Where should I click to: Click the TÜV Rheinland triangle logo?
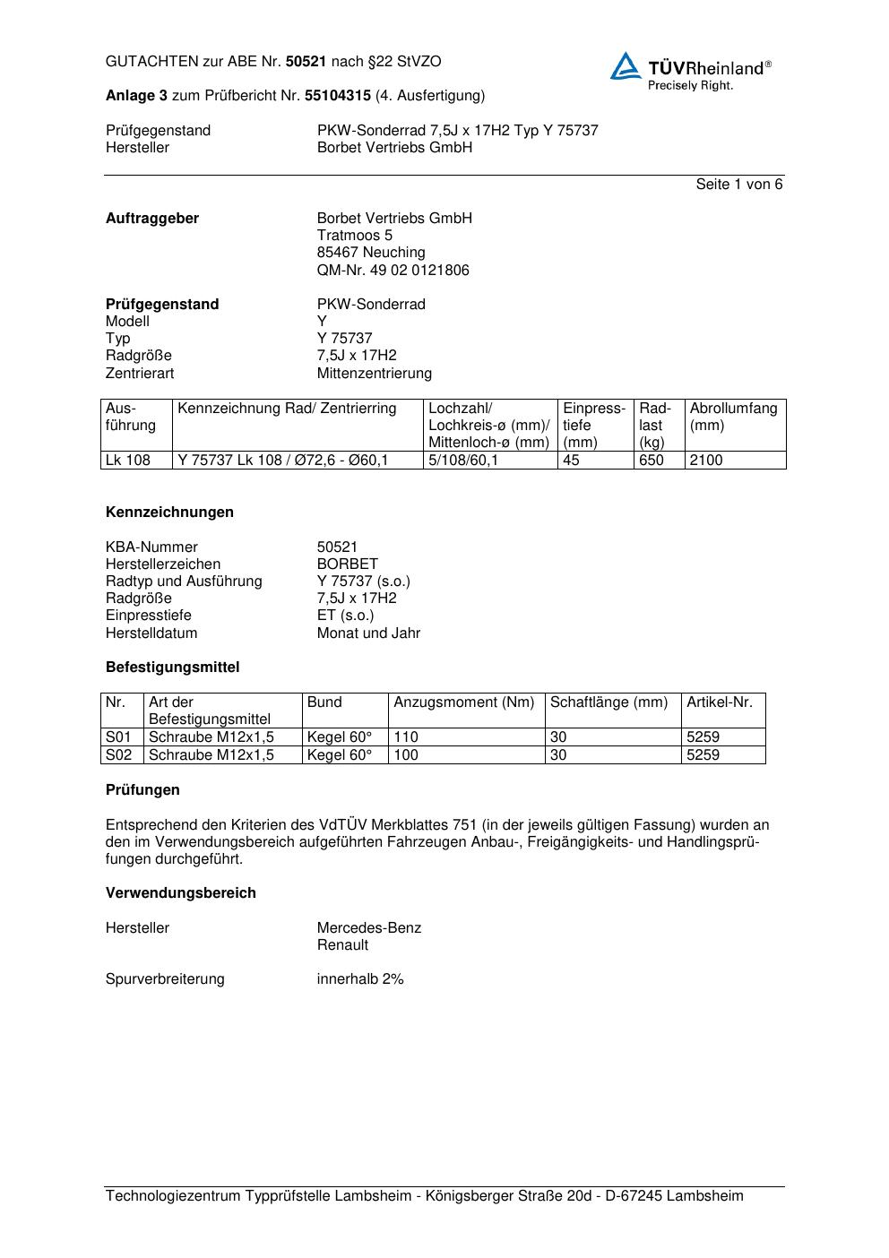pos(626,66)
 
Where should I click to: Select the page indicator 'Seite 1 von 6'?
pos(738,185)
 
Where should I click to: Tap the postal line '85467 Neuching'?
pos(371,253)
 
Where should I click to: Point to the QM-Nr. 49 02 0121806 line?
pos(393,271)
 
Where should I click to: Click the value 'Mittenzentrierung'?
pos(374,374)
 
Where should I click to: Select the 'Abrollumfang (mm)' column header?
pos(733,417)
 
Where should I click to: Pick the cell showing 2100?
pos(706,461)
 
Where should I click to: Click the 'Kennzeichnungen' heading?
pos(169,513)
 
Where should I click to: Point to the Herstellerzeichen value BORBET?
pos(347,564)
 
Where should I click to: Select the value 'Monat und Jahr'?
pos(368,633)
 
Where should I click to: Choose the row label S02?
pos(118,755)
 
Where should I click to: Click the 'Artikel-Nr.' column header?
pos(720,702)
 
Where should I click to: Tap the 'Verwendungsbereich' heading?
pos(180,893)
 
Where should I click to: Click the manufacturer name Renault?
pos(342,945)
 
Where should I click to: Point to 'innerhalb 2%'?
pos(360,979)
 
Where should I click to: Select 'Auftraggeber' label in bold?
pos(152,219)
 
